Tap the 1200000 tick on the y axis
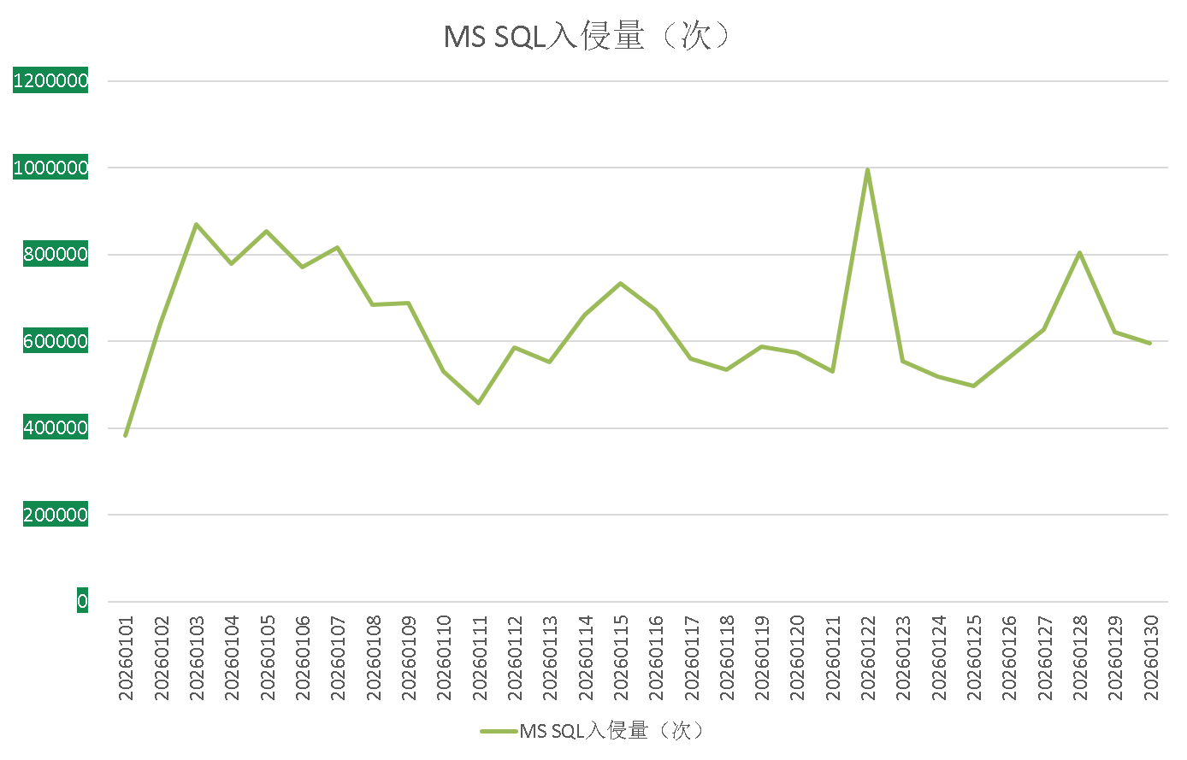point(50,81)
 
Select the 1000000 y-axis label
point(50,168)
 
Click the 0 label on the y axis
point(82,602)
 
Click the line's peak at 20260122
point(868,169)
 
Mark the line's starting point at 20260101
point(126,436)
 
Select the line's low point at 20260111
point(479,403)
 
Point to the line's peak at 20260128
point(1080,252)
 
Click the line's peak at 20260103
point(196,224)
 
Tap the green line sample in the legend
point(499,731)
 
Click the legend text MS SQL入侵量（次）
point(612,731)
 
